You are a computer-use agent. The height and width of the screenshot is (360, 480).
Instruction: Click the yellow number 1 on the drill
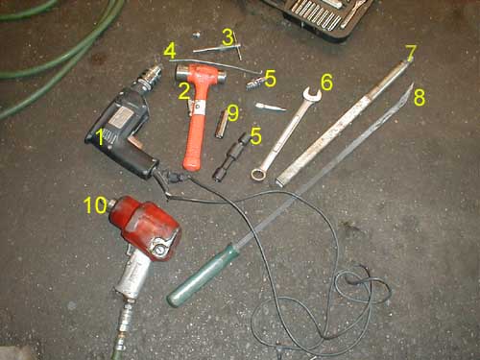click(101, 137)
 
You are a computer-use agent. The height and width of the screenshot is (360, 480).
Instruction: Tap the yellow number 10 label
click(95, 204)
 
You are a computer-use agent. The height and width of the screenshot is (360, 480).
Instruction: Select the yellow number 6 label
click(326, 83)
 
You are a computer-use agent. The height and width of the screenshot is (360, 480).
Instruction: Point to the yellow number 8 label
click(420, 97)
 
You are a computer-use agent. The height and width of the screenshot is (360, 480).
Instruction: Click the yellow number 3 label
click(228, 37)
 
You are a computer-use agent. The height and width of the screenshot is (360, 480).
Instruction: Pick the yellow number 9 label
click(233, 113)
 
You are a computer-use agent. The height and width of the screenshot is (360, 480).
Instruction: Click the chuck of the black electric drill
click(149, 76)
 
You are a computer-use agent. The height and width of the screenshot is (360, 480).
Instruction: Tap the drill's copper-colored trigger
click(133, 142)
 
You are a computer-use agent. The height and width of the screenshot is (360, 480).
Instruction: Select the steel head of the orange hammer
click(201, 73)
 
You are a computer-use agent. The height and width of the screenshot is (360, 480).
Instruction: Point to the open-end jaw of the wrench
click(311, 94)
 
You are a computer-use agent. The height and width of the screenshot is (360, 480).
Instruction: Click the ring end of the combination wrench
click(258, 174)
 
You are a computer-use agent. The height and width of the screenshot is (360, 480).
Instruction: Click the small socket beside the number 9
click(221, 124)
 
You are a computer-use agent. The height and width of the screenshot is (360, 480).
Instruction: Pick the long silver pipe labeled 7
click(344, 121)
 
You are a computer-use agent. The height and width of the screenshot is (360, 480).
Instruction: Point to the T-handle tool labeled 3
click(220, 47)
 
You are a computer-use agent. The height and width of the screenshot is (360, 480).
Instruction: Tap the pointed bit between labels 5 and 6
click(270, 107)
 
